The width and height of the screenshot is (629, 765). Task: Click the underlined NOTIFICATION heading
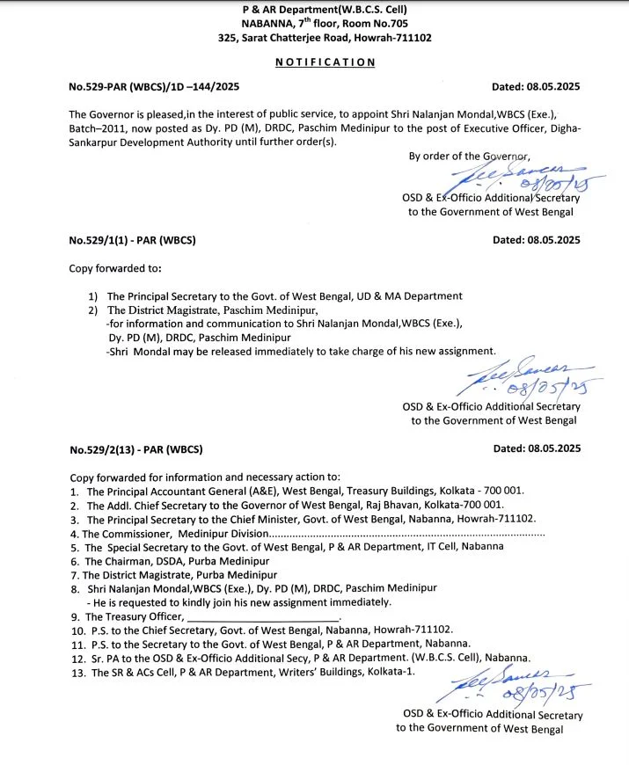pos(325,62)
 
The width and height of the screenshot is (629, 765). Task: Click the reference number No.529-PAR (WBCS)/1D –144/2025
pos(154,87)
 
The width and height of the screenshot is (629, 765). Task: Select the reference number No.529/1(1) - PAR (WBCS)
pos(132,240)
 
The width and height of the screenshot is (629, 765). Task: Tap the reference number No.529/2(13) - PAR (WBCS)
pos(135,448)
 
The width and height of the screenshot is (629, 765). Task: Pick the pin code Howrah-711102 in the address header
pos(395,38)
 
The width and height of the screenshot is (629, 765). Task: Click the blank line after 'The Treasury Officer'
pos(264,616)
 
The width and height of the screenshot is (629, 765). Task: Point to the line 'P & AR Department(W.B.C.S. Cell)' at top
pos(325,10)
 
